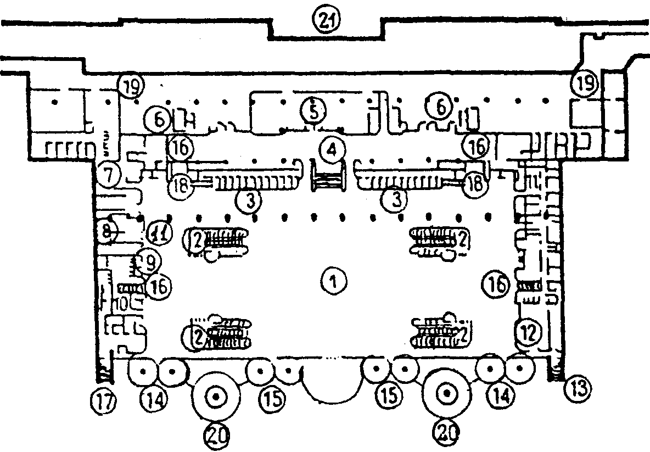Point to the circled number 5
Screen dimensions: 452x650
(x=312, y=111)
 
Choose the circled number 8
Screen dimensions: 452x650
(x=107, y=231)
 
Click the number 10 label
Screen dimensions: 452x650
(x=122, y=302)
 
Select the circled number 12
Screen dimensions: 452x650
(x=527, y=331)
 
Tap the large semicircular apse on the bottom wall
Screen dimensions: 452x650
(x=333, y=382)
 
